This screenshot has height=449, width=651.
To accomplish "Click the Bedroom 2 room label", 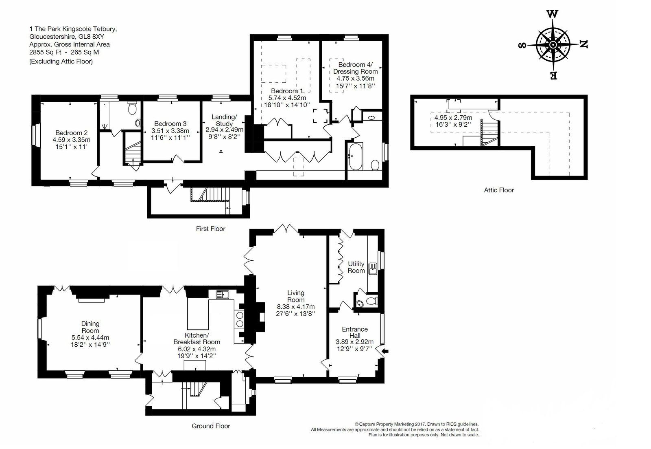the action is click(x=72, y=133).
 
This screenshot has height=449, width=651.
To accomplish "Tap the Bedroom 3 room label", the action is click(x=170, y=124).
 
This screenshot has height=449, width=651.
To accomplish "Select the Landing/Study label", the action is click(x=224, y=120).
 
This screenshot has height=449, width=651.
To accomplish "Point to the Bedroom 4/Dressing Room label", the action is click(x=356, y=68).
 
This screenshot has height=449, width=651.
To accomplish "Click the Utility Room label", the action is click(x=356, y=267).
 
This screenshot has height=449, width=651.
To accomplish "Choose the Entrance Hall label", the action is click(x=355, y=332).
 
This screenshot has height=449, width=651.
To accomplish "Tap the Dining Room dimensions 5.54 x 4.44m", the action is click(x=90, y=337).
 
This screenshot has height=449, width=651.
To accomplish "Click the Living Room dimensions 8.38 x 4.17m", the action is click(x=296, y=307).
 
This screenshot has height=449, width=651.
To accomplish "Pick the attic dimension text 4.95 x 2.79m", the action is click(x=453, y=118).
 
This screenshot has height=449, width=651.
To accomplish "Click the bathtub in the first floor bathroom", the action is click(x=356, y=156).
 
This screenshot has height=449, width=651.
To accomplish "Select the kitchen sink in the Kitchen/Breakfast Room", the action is click(x=222, y=295).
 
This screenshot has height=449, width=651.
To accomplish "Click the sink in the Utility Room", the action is click(x=373, y=269).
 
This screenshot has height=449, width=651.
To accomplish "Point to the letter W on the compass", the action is click(x=553, y=14).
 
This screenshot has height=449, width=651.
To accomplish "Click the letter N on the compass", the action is click(x=583, y=44).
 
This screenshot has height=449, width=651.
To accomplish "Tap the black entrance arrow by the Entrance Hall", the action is click(x=385, y=352).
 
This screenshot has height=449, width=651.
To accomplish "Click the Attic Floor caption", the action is click(x=499, y=190).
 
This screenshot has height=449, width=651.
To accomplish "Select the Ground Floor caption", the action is click(x=211, y=426).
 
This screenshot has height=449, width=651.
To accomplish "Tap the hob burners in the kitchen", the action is click(x=240, y=319).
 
